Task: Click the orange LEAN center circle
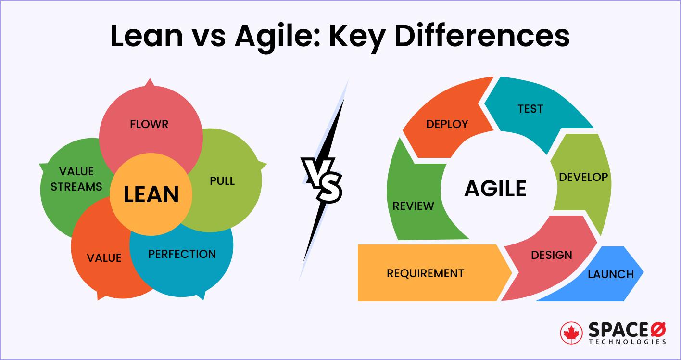[151, 194]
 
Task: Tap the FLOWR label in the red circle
[149, 124]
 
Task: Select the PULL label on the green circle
[222, 181]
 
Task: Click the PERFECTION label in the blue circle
[182, 254]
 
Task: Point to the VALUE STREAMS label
[76, 179]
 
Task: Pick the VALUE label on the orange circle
[104, 258]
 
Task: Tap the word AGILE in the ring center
[495, 188]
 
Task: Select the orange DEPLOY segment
[447, 124]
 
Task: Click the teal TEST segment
[530, 109]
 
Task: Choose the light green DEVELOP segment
[583, 177]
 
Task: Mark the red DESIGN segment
[551, 255]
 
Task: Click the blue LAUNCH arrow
[611, 274]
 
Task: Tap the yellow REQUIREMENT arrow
[426, 273]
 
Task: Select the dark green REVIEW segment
[413, 206]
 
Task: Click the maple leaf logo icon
[572, 334]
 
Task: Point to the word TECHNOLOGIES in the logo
[627, 341]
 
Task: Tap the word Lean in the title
[146, 37]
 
